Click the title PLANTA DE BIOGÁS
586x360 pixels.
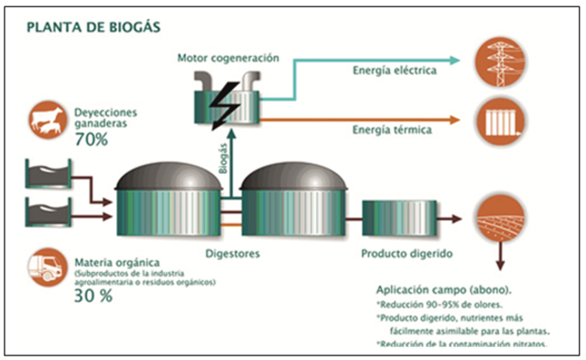(x=94, y=27)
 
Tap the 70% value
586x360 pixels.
(x=92, y=140)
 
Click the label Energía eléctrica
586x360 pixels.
(x=394, y=71)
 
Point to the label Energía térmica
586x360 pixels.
(x=392, y=129)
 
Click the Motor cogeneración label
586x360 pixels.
(x=227, y=59)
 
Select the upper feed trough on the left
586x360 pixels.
(x=49, y=171)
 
